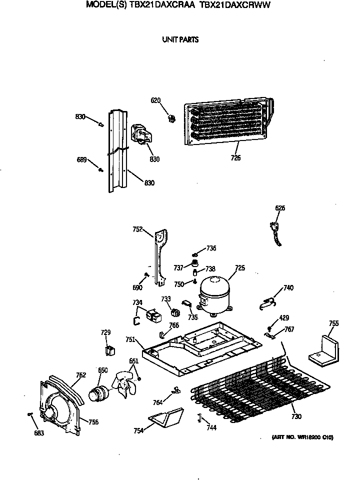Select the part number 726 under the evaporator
pyautogui.click(x=235, y=158)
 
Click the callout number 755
pyautogui.click(x=333, y=324)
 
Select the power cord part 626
pyautogui.click(x=274, y=233)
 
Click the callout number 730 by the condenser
pyautogui.click(x=296, y=417)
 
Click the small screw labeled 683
pyautogui.click(x=30, y=414)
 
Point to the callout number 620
pyautogui.click(x=155, y=100)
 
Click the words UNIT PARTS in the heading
pyautogui.click(x=180, y=40)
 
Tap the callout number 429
pyautogui.click(x=283, y=318)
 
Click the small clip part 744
pyautogui.click(x=199, y=417)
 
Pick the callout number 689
pyautogui.click(x=81, y=160)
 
